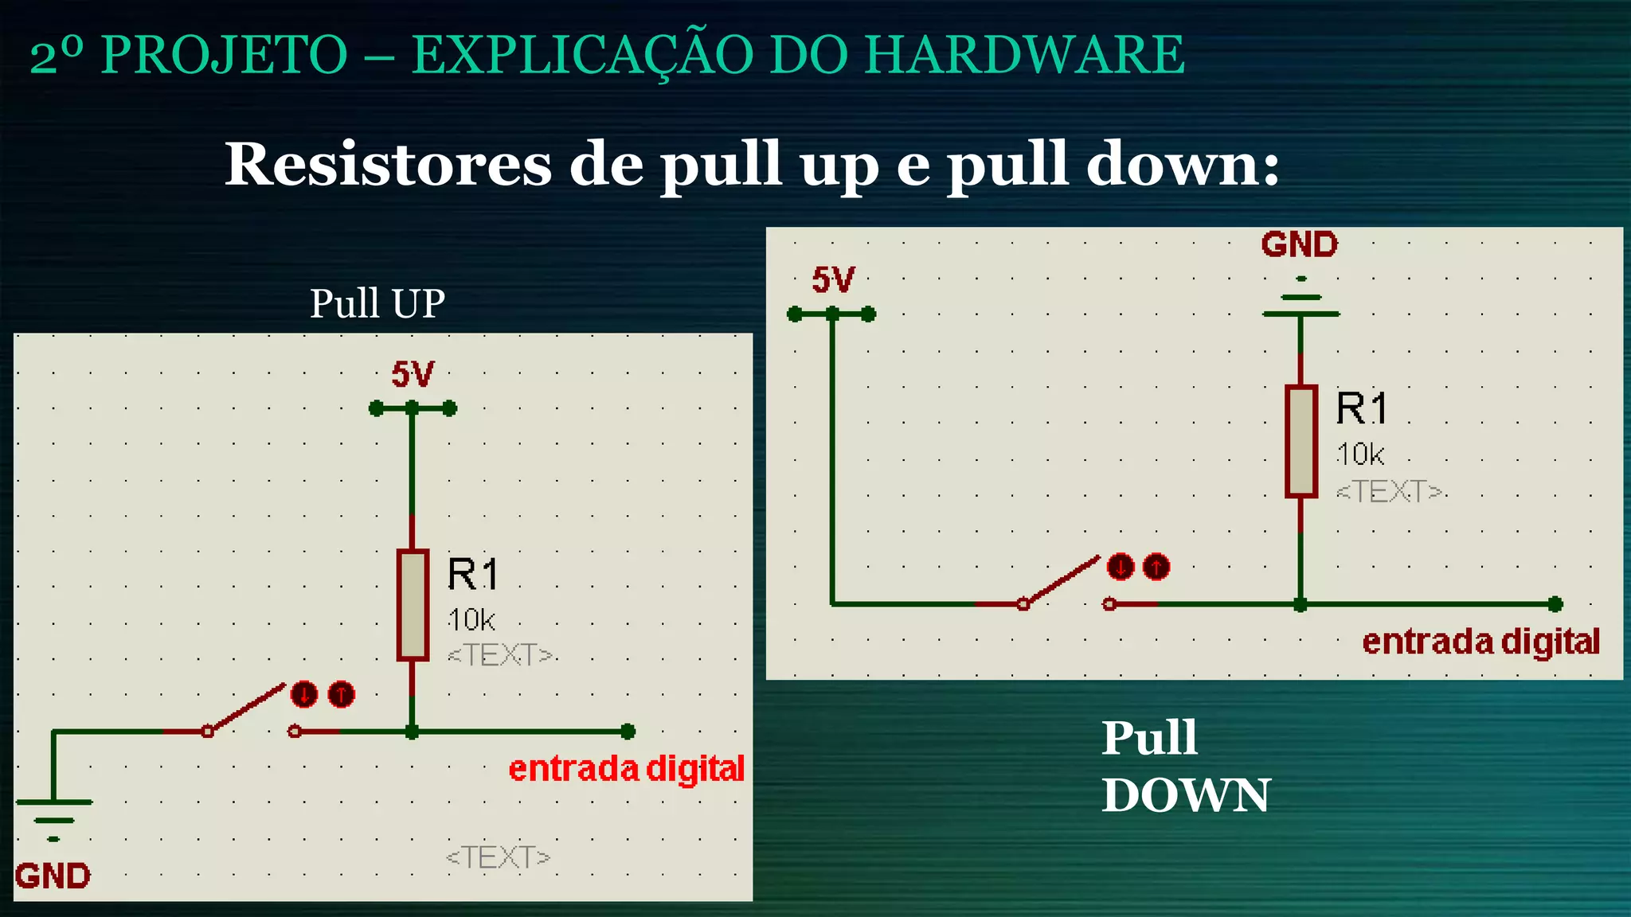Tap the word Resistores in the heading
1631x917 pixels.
point(387,164)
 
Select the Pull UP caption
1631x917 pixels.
point(377,303)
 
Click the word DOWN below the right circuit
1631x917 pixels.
point(1186,795)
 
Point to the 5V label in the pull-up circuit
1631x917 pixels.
point(413,374)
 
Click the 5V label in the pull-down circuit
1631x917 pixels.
point(833,280)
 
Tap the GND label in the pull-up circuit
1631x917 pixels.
point(53,876)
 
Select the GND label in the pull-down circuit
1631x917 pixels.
point(1299,244)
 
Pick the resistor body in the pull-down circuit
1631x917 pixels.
point(1300,442)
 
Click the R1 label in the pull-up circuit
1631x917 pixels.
point(472,574)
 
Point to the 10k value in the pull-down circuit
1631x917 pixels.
point(1359,455)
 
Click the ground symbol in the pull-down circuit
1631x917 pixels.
point(1300,299)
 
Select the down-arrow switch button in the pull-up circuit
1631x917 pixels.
point(303,694)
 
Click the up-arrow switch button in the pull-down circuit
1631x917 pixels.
point(1156,568)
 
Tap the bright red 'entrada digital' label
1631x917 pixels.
point(626,769)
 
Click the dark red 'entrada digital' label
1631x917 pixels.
point(1480,642)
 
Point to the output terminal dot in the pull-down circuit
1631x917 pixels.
point(1555,604)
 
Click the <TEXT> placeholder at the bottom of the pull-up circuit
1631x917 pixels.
point(498,857)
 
